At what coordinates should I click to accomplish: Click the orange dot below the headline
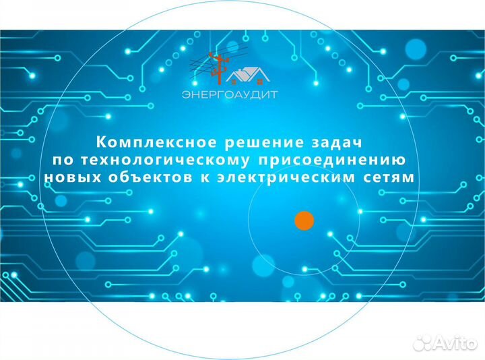coord(305,220)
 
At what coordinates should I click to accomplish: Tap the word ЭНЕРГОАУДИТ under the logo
coord(229,95)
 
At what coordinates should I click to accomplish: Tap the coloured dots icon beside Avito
coord(422,343)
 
